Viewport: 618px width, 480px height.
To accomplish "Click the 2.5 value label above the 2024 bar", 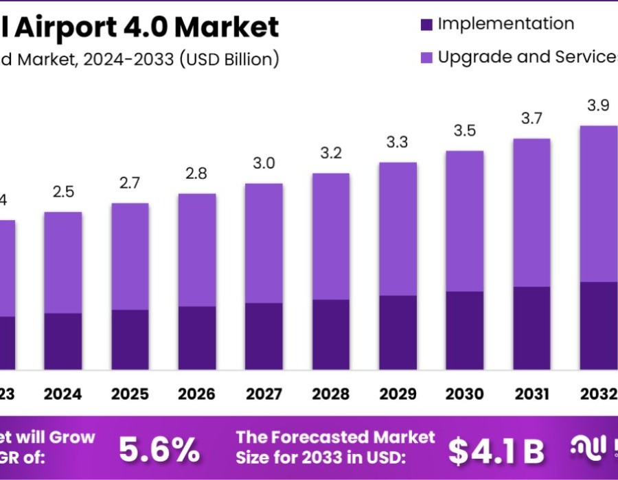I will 63,193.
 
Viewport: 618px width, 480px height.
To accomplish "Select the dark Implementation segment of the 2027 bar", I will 264,336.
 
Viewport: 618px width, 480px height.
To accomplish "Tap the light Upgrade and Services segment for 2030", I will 464,221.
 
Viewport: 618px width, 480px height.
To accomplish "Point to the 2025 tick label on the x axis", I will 130,394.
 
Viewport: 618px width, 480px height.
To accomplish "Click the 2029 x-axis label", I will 398,394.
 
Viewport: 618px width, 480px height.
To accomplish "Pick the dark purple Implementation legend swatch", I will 426,24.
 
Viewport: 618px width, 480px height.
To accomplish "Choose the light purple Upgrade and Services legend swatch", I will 426,58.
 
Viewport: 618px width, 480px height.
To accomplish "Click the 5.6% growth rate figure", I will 159,450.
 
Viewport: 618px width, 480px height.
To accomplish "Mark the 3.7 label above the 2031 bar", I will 531,119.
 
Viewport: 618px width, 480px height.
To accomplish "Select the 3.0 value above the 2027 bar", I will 264,163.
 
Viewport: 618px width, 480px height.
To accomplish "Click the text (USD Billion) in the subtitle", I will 229,60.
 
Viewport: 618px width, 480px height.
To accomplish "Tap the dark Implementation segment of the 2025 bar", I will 130,339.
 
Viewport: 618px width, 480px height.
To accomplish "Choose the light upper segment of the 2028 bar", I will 330,236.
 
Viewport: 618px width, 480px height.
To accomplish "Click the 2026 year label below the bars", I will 197,394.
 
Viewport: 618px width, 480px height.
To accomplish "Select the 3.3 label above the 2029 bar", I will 398,143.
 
